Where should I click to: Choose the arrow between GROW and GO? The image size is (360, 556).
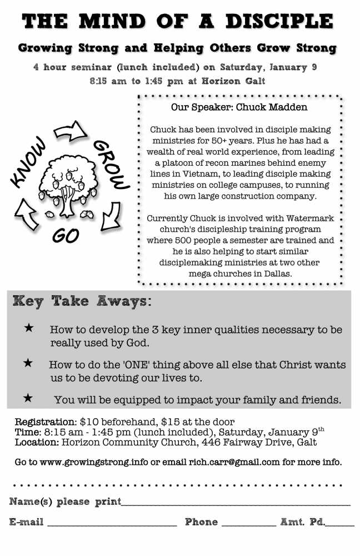pos(112,214)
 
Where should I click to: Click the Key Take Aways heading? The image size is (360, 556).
pos(82,302)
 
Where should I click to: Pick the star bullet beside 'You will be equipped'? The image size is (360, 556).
pos(28,398)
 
